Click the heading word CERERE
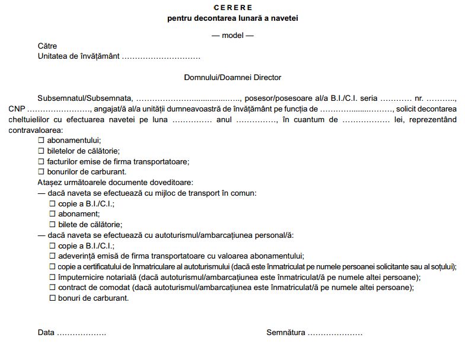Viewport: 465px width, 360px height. [x=232, y=8]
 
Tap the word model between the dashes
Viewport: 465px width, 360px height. [x=232, y=35]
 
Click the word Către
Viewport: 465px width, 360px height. [x=47, y=46]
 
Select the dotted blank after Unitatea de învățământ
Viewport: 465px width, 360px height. [x=161, y=56]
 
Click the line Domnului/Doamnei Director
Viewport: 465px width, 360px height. [x=232, y=78]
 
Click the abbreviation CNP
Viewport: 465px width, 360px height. [x=17, y=109]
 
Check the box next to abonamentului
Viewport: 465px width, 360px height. [x=42, y=141]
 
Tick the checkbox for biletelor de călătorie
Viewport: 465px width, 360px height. [x=42, y=151]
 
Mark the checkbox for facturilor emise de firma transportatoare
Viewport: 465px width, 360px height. [x=42, y=161]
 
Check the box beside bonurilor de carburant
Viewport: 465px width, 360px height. [x=42, y=172]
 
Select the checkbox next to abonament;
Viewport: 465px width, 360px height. [x=52, y=214]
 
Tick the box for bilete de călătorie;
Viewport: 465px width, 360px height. [x=52, y=225]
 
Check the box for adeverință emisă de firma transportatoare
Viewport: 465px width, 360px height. [x=52, y=256]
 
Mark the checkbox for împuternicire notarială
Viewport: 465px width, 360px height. [x=52, y=277]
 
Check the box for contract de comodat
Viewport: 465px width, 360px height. [x=52, y=288]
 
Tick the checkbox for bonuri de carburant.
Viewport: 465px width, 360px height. [x=52, y=298]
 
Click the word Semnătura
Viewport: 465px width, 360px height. [x=286, y=333]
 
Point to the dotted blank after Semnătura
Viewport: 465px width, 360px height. [x=335, y=333]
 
